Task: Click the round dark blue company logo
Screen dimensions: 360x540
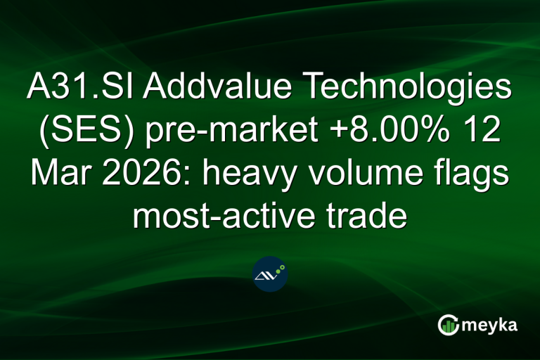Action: [x=270, y=274]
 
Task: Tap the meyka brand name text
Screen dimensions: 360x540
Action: [x=489, y=326]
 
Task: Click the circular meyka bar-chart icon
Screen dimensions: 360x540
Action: [x=448, y=325]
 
